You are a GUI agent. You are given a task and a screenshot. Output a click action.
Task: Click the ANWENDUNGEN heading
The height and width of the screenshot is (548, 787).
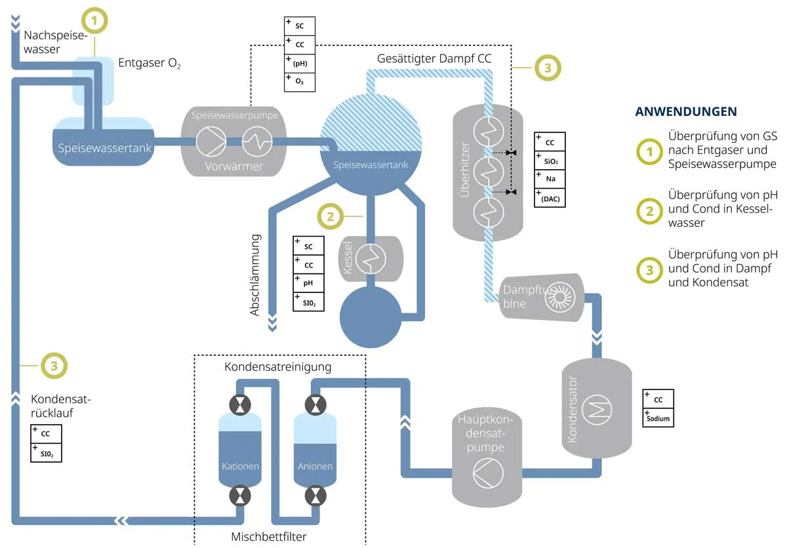[686, 111]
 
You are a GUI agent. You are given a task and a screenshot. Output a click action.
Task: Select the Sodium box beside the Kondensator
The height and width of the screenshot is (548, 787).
[658, 418]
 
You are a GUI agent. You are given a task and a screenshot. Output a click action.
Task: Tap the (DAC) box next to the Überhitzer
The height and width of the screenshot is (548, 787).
[550, 199]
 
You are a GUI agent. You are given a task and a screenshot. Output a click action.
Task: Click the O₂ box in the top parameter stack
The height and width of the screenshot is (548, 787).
[300, 81]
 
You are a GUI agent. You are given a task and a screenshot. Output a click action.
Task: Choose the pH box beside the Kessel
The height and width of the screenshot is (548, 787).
[308, 283]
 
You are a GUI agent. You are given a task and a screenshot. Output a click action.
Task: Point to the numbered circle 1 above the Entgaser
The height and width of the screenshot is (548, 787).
[94, 21]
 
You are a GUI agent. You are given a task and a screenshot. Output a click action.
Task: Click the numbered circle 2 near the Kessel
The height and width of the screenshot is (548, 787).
[331, 215]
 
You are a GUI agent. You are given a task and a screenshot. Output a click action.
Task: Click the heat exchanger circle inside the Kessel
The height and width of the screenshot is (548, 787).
[371, 258]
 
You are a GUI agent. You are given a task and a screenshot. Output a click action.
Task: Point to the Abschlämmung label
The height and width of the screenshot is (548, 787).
[256, 275]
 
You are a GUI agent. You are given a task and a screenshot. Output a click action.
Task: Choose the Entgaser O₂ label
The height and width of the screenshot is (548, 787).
[150, 64]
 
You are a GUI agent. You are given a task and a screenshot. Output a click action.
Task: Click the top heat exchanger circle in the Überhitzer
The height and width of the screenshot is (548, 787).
[489, 128]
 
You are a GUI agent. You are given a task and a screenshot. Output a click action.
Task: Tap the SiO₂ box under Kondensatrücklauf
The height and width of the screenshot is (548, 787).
[46, 452]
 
